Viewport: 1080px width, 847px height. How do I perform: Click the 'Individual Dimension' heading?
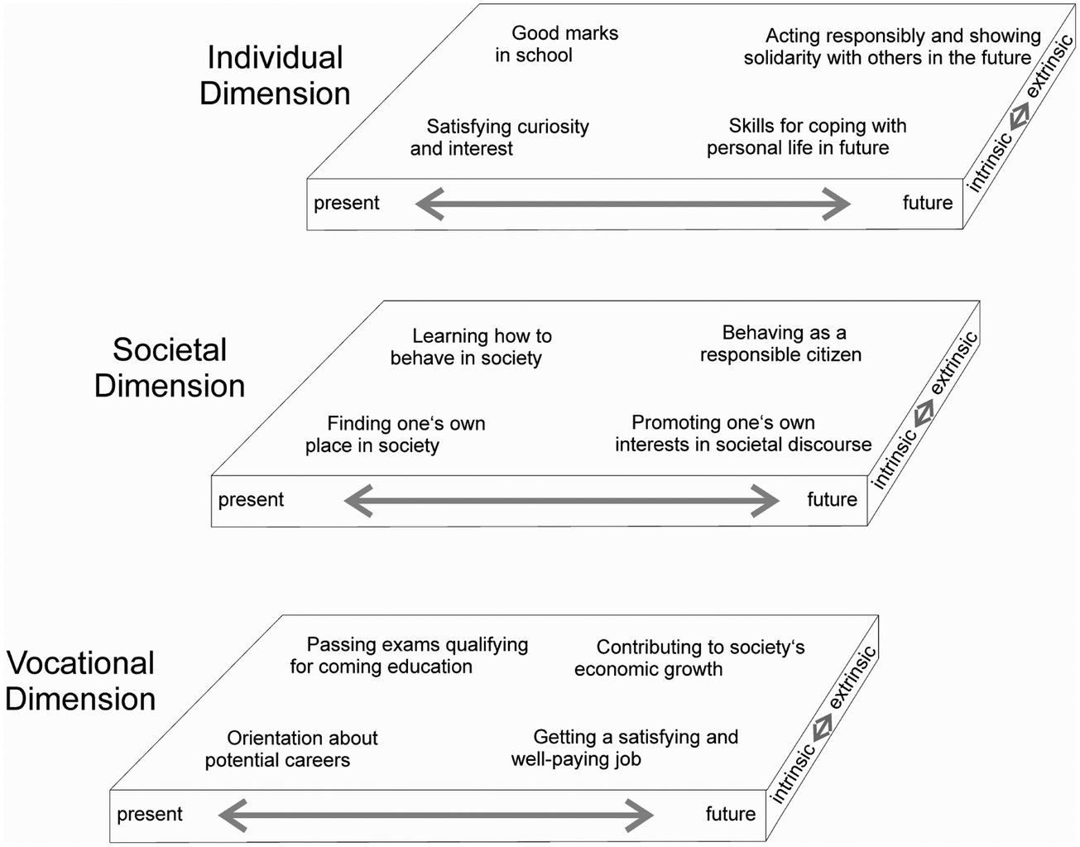[275, 75]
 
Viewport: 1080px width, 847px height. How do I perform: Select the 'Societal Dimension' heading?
[170, 368]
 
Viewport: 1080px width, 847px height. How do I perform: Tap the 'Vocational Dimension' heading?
[80, 681]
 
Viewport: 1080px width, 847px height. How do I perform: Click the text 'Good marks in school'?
[557, 44]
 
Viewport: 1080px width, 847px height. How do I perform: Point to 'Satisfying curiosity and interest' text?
[500, 137]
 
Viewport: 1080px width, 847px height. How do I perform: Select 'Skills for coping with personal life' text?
[807, 137]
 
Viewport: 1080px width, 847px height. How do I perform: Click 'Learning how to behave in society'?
[471, 347]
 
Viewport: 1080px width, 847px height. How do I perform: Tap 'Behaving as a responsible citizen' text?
[780, 344]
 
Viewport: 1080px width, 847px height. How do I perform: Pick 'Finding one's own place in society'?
[395, 435]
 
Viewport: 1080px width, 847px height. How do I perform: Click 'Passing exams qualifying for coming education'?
[409, 656]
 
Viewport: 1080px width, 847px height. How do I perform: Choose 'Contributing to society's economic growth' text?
[689, 657]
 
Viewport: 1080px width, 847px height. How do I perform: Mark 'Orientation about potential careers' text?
[291, 749]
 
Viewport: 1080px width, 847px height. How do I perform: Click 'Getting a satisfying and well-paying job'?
[625, 748]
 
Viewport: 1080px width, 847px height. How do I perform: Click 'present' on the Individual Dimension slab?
[347, 204]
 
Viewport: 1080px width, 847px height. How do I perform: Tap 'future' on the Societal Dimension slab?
[832, 499]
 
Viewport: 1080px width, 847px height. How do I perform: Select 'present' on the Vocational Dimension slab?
[150, 814]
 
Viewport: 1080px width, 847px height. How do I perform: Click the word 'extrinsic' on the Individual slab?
[1049, 66]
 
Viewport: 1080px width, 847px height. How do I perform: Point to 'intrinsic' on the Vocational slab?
[793, 773]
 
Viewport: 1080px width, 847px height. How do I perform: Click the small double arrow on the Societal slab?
[924, 413]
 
